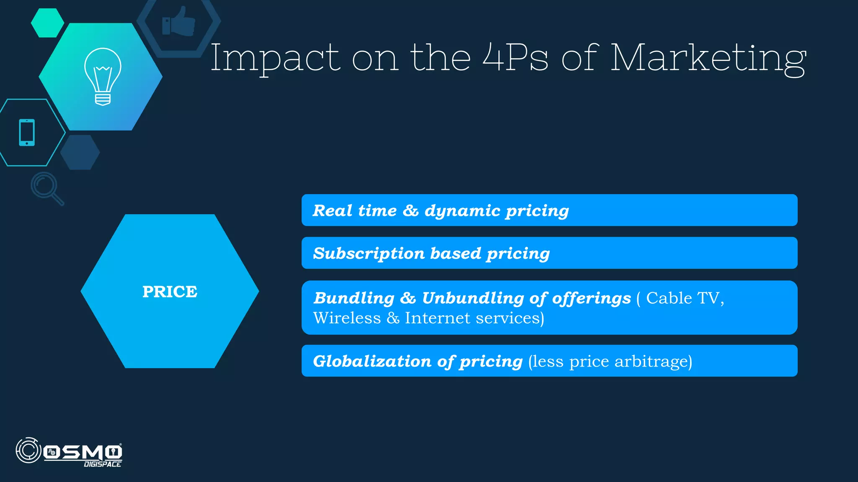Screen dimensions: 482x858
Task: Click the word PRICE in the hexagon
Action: click(x=170, y=292)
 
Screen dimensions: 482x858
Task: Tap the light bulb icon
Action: click(x=103, y=76)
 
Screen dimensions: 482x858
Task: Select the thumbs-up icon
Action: click(x=179, y=22)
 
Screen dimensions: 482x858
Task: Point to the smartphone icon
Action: click(x=27, y=133)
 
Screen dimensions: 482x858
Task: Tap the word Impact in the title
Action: click(x=275, y=59)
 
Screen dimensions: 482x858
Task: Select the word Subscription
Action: click(x=369, y=254)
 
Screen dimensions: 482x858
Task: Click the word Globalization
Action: click(x=372, y=361)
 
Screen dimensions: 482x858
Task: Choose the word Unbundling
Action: click(x=473, y=298)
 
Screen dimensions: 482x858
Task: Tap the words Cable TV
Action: click(x=685, y=298)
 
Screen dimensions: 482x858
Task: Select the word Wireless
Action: click(x=347, y=318)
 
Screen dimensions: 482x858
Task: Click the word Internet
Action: click(x=437, y=318)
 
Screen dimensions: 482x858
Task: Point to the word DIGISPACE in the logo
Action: click(x=103, y=464)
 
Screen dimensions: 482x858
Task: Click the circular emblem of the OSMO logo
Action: click(x=28, y=451)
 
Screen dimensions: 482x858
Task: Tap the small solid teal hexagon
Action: click(x=47, y=23)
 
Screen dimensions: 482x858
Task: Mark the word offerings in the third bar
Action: click(x=591, y=298)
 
